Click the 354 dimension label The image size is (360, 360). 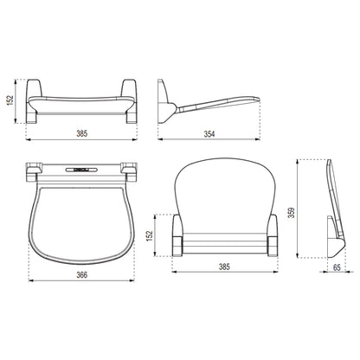click(209, 134)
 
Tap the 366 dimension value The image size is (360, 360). click(81, 275)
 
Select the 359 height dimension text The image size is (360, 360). click(292, 213)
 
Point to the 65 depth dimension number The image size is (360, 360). click(337, 267)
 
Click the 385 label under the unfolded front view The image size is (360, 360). click(81, 134)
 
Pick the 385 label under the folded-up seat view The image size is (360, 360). click(224, 267)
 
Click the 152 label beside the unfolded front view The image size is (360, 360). click(10, 100)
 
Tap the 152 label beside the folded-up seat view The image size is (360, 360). click(149, 235)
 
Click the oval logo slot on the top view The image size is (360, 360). click(80, 170)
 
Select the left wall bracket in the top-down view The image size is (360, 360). click(34, 172)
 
